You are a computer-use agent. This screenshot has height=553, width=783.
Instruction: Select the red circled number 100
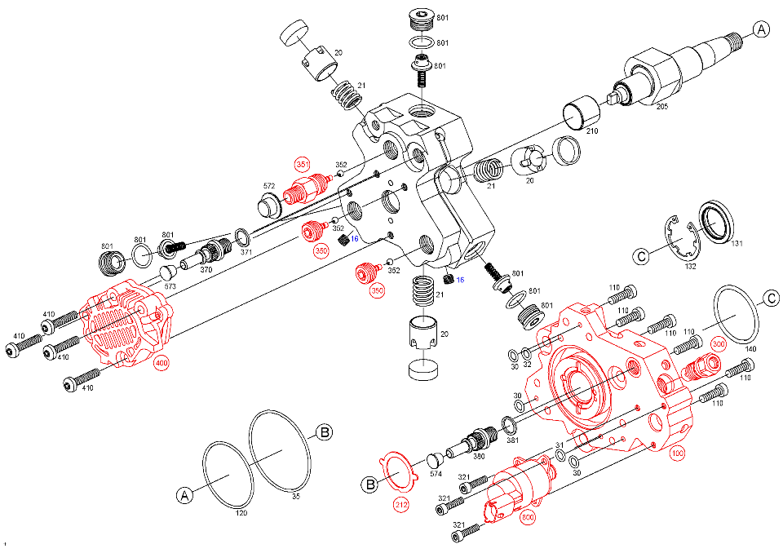(x=678, y=454)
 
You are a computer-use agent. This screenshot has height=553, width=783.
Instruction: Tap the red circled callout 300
(x=718, y=344)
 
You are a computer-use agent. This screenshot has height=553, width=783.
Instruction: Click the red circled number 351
(x=303, y=165)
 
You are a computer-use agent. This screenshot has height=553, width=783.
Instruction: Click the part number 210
(x=592, y=131)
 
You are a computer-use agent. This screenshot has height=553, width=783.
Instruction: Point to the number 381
(x=512, y=440)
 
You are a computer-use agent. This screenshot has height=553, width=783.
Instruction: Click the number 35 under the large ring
(x=296, y=495)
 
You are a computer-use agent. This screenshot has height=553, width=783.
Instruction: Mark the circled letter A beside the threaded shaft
(x=760, y=31)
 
